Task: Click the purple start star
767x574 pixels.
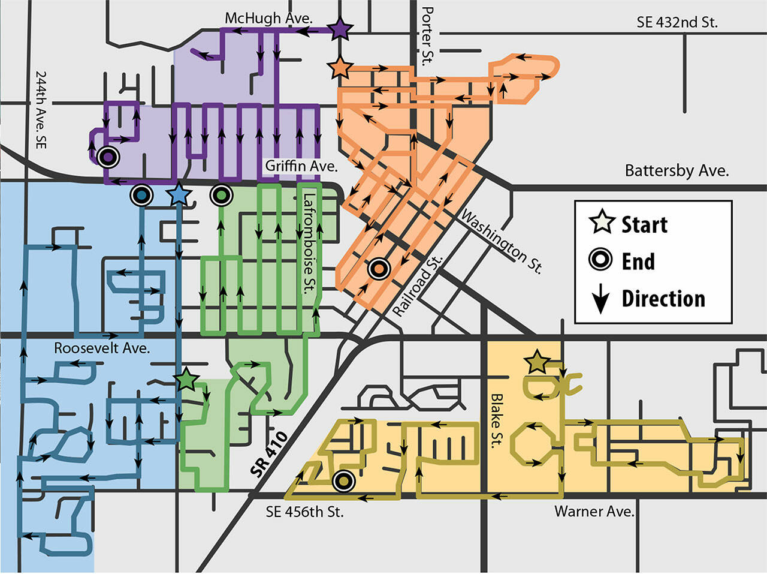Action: [340, 28]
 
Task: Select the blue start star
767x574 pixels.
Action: [178, 196]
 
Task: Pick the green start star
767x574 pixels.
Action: [187, 379]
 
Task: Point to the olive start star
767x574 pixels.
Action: [537, 362]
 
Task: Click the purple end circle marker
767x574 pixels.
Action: [108, 157]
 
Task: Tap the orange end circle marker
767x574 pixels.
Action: [379, 269]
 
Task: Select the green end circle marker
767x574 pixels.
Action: [222, 195]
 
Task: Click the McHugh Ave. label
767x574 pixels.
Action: [268, 18]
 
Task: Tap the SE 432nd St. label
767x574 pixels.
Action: [677, 23]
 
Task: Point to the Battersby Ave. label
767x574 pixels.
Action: [677, 171]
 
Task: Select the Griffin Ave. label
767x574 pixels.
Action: [301, 166]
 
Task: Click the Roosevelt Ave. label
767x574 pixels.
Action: [102, 348]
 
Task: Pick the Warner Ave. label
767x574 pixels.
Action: [594, 512]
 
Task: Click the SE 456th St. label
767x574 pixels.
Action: [304, 512]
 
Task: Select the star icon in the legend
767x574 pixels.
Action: [602, 224]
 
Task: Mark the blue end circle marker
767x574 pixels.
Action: [141, 196]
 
